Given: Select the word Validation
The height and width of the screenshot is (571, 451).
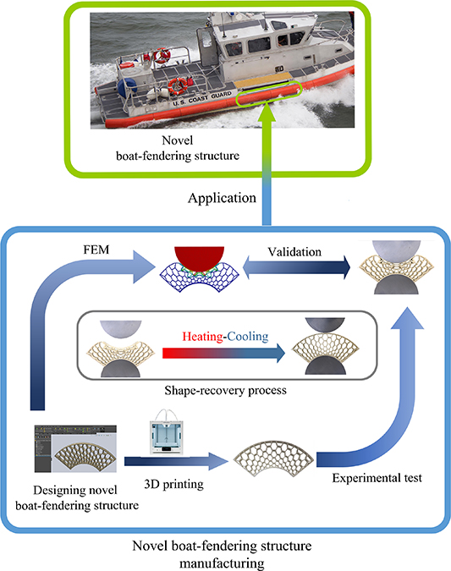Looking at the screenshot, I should point(293,250).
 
